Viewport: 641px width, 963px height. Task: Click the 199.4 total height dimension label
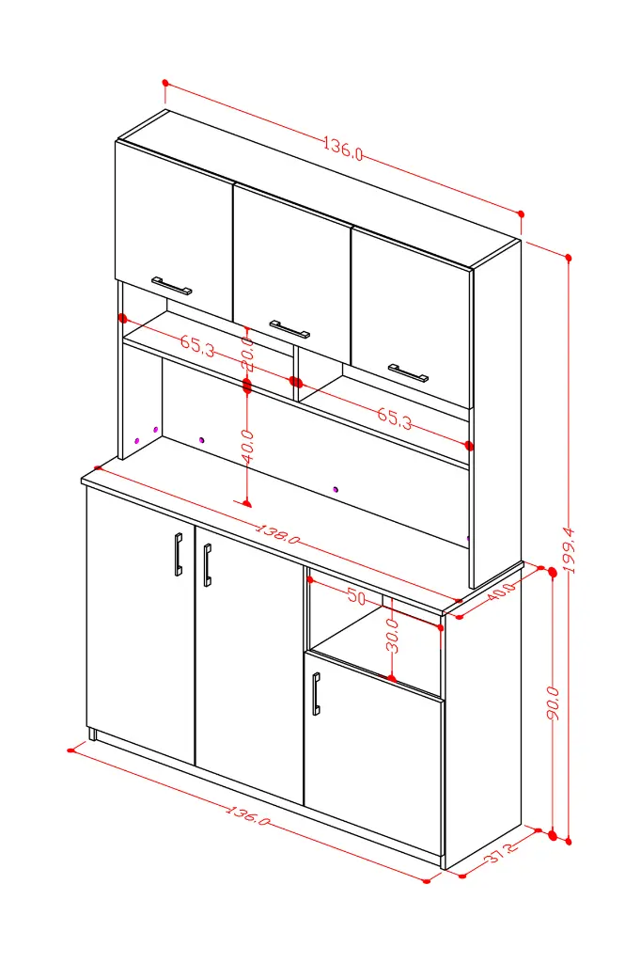pyautogui.click(x=571, y=550)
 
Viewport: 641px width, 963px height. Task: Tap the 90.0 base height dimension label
pyautogui.click(x=553, y=703)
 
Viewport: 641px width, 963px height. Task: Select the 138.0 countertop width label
pyautogui.click(x=277, y=534)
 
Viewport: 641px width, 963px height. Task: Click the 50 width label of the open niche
pyautogui.click(x=356, y=595)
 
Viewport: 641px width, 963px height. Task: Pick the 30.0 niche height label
pyautogui.click(x=392, y=636)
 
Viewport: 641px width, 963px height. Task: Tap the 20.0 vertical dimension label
pyautogui.click(x=247, y=354)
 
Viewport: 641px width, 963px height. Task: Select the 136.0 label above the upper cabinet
pyautogui.click(x=343, y=149)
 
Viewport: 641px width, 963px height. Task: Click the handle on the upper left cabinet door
pyautogui.click(x=172, y=286)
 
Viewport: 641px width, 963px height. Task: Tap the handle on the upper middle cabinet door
pyautogui.click(x=289, y=329)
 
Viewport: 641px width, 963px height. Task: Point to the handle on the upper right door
pyautogui.click(x=408, y=372)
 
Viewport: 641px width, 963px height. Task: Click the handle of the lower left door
pyautogui.click(x=178, y=554)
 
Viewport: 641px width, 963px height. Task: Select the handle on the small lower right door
pyautogui.click(x=316, y=694)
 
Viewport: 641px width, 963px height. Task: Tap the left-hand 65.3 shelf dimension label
pyautogui.click(x=197, y=346)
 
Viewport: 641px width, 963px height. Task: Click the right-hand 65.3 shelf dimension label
pyautogui.click(x=395, y=418)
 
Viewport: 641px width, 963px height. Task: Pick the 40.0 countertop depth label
pyautogui.click(x=502, y=592)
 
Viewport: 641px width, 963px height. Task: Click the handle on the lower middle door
pyautogui.click(x=208, y=565)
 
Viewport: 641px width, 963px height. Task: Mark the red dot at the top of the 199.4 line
pyautogui.click(x=569, y=258)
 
